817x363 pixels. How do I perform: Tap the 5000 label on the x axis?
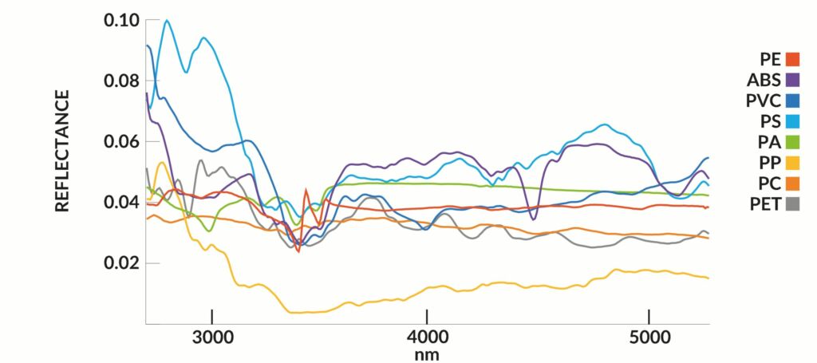649,337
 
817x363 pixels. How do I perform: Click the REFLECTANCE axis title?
62,151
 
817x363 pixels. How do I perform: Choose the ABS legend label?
764,79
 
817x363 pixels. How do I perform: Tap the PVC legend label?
764,101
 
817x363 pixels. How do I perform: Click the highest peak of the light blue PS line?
168,21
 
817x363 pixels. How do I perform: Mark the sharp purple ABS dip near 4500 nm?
533,219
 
